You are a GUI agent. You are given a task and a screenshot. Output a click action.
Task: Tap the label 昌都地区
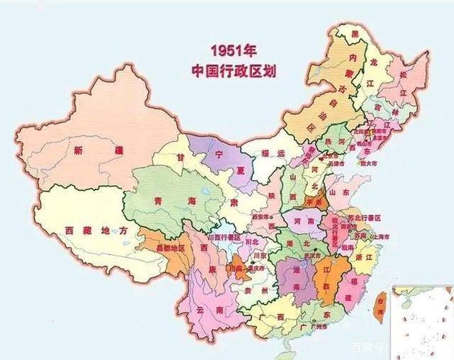[x=166, y=247]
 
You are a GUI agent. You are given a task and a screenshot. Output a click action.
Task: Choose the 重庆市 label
[x=253, y=268]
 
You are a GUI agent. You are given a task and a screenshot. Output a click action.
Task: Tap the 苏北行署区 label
[x=364, y=217]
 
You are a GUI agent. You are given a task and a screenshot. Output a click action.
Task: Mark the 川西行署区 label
[x=222, y=235]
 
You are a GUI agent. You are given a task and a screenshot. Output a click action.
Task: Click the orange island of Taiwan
[x=381, y=303]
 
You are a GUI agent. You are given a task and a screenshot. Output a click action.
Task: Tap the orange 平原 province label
[x=314, y=203]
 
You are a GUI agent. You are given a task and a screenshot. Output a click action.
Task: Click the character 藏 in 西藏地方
[x=85, y=230]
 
